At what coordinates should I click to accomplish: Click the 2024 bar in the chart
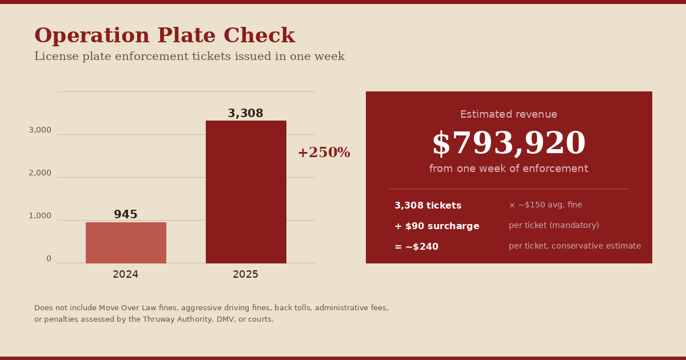pyautogui.click(x=126, y=243)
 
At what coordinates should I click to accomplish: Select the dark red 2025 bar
pyautogui.click(x=246, y=192)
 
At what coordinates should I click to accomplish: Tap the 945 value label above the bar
pyautogui.click(x=126, y=214)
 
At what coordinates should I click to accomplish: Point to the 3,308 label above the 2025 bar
pyautogui.click(x=245, y=113)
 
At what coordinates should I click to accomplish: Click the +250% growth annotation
pyautogui.click(x=324, y=153)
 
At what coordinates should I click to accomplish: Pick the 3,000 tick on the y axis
pyautogui.click(x=40, y=130)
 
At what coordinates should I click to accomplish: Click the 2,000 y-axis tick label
pyautogui.click(x=40, y=173)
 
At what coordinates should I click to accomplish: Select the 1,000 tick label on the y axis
pyautogui.click(x=40, y=216)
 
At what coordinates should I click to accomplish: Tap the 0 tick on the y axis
pyautogui.click(x=49, y=259)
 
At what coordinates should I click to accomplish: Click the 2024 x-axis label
pyautogui.click(x=126, y=274)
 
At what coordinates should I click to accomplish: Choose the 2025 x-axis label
pyautogui.click(x=245, y=274)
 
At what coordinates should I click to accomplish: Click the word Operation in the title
pyautogui.click(x=92, y=36)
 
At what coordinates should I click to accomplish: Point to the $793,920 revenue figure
pyautogui.click(x=509, y=143)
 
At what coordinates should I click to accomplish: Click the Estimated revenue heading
pyautogui.click(x=509, y=114)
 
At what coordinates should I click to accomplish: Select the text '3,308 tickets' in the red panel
pyautogui.click(x=428, y=205)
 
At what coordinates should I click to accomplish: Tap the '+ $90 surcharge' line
pyautogui.click(x=437, y=226)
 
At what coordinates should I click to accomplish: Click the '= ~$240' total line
pyautogui.click(x=417, y=246)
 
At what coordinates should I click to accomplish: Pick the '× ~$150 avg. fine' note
pyautogui.click(x=545, y=205)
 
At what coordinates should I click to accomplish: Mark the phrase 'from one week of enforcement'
pyautogui.click(x=509, y=169)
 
